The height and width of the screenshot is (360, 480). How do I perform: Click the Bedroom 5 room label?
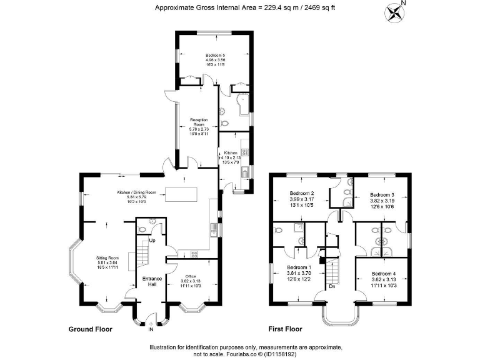pyautogui.click(x=215, y=55)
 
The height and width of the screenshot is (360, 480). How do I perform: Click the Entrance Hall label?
pyautogui.click(x=151, y=281)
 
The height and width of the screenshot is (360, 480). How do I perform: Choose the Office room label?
pyautogui.click(x=191, y=276)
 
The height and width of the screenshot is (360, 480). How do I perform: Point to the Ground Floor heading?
pyautogui.click(x=91, y=329)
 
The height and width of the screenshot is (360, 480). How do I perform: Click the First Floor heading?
pyautogui.click(x=285, y=329)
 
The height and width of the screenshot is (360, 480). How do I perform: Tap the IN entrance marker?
pyautogui.click(x=151, y=327)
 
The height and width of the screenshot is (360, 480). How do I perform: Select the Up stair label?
pyautogui.click(x=152, y=240)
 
